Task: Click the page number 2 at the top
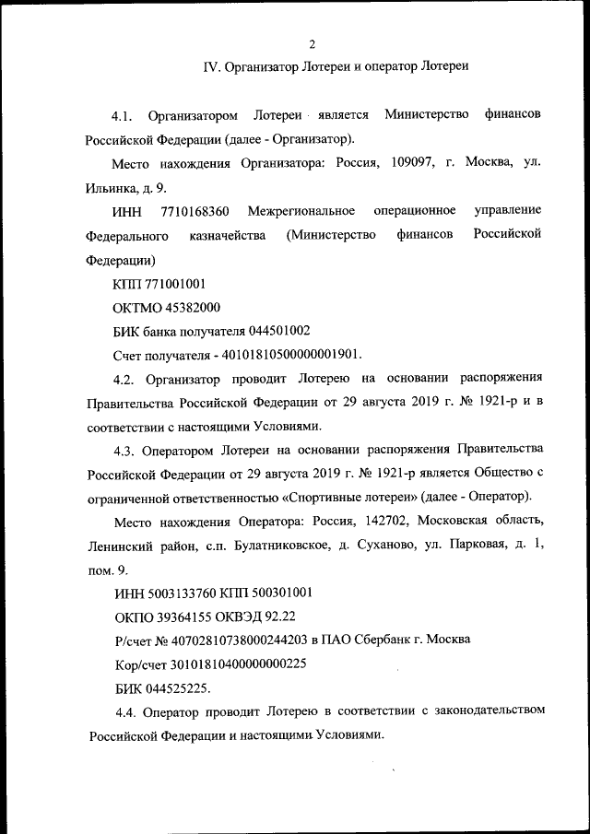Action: pos(313,43)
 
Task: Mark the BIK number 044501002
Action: pos(277,332)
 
